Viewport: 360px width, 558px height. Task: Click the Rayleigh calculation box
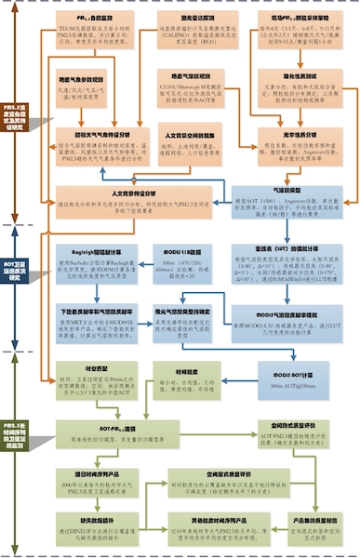point(98,265)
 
